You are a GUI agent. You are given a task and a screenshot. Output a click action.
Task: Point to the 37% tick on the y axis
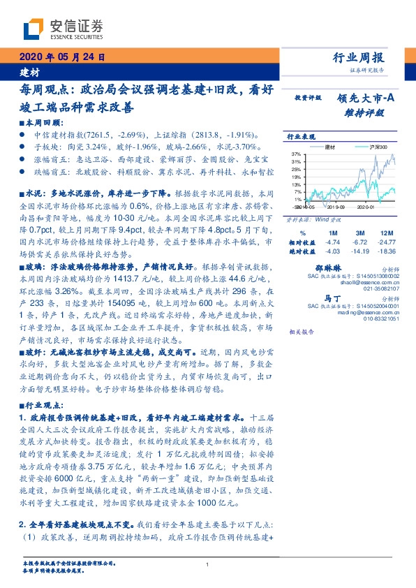pyautogui.click(x=297, y=153)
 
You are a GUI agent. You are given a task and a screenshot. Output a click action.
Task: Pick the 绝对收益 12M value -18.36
pyautogui.click(x=389, y=250)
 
